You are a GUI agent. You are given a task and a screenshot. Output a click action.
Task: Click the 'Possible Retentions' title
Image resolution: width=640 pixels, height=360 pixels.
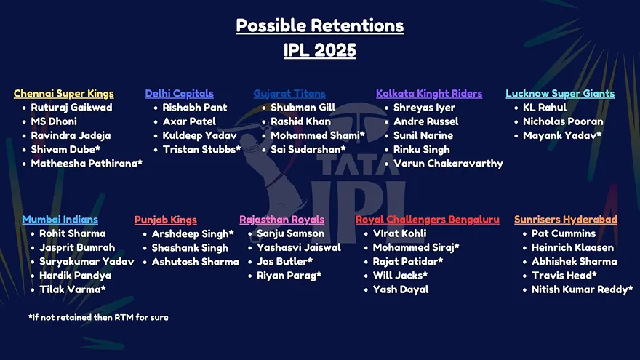pos(319,25)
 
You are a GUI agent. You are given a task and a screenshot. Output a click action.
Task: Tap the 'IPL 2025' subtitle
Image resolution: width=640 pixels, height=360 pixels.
pos(319,50)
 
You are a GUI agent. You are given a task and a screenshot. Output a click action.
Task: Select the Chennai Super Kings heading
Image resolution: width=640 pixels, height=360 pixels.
pos(64,94)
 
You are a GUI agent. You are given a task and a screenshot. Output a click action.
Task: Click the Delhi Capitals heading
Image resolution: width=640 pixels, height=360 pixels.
pos(179,94)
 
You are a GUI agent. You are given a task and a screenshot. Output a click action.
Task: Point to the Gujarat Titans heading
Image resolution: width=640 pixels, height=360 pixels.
pos(289,94)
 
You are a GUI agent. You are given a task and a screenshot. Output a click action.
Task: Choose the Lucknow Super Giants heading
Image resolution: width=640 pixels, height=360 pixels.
pos(560,94)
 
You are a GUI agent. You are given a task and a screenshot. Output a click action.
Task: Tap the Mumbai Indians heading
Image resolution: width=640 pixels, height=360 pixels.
pos(60,220)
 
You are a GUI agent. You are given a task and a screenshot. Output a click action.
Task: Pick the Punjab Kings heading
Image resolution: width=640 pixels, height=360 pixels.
pos(165,220)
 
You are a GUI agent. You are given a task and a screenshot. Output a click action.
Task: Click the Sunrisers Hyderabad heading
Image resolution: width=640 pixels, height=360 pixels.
pos(566,220)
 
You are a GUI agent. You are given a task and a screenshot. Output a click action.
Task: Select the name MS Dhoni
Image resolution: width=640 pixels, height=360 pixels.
pos(54,121)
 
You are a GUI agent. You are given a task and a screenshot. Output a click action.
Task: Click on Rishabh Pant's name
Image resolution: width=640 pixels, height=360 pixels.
pos(195,108)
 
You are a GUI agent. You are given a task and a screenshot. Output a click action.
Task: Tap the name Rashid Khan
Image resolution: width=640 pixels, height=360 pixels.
pos(301,121)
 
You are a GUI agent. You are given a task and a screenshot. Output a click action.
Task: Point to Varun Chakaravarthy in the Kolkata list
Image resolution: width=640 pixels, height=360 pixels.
pos(448,164)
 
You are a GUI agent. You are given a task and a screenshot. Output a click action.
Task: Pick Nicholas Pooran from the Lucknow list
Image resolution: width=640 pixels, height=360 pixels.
pos(563,121)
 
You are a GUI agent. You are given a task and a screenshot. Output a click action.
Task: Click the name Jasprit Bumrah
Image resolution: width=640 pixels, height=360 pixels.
pos(77,248)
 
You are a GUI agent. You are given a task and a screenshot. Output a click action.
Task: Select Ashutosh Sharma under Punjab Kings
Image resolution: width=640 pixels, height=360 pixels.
pos(196,262)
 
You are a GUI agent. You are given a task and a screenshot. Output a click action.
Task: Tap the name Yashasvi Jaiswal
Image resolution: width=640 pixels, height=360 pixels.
pos(299,248)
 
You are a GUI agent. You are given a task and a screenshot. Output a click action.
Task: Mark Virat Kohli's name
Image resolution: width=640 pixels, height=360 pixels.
pos(399,233)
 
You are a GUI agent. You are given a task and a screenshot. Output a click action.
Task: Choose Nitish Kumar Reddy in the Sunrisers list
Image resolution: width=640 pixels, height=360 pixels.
pos(582,289)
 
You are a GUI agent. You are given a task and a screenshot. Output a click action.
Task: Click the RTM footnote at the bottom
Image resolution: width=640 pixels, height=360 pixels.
pos(98,318)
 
